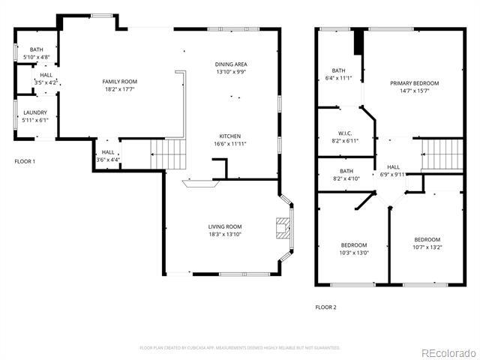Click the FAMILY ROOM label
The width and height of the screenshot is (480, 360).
click(120, 81)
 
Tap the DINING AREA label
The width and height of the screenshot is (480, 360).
click(231, 64)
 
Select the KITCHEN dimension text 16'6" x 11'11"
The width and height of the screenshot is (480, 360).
click(229, 144)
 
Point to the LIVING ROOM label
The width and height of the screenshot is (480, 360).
click(225, 226)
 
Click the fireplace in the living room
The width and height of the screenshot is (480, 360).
click(282, 228)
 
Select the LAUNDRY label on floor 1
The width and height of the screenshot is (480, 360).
click(34, 112)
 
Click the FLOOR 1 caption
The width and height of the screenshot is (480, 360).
click(25, 161)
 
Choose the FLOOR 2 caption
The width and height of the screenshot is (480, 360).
click(325, 307)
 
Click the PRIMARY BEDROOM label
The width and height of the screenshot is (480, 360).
click(414, 83)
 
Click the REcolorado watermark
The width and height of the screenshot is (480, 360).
click(447, 352)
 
